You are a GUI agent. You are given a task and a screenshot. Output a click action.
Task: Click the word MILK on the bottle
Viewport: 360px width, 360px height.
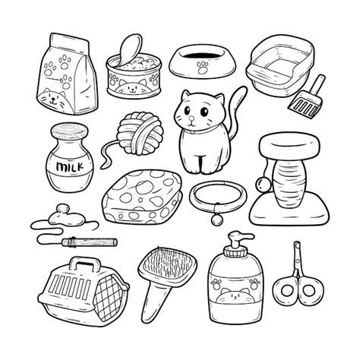coord(70,167)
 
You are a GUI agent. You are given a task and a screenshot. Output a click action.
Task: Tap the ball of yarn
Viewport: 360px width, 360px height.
coord(140,134)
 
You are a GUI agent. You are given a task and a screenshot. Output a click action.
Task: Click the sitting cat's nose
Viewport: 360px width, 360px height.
coord(192,118)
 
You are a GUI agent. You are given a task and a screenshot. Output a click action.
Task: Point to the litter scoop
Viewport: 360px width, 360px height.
coord(308,97)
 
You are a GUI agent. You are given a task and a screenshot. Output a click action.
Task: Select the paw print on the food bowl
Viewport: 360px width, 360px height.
coord(203,68)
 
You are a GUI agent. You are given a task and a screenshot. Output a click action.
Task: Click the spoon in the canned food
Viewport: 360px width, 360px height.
coord(130,50)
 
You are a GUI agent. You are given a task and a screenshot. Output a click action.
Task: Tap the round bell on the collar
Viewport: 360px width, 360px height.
coord(217,219)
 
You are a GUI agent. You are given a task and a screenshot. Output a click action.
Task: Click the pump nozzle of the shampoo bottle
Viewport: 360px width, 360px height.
coord(238,237)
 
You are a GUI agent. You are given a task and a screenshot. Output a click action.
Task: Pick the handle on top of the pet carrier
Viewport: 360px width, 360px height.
coord(85,264)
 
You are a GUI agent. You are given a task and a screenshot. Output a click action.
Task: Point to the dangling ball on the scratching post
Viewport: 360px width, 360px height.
coord(261,185)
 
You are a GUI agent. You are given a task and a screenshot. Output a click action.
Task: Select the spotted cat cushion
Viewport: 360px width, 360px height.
coord(142,197)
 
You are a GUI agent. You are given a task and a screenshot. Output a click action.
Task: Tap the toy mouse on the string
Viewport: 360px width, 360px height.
coord(66,217)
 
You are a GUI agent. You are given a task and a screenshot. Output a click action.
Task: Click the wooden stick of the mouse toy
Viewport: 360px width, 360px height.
coord(90,242)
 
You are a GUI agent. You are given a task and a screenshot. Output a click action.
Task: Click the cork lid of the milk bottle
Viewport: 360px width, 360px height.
coord(70,131)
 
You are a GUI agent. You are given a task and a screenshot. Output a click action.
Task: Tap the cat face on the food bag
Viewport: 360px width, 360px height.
coord(55,100)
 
